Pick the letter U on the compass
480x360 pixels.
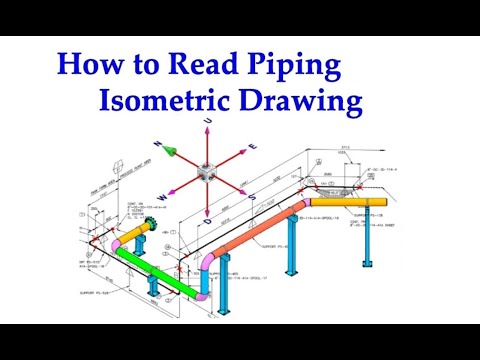(209, 121)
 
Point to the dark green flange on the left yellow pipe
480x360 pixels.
(152, 228)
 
